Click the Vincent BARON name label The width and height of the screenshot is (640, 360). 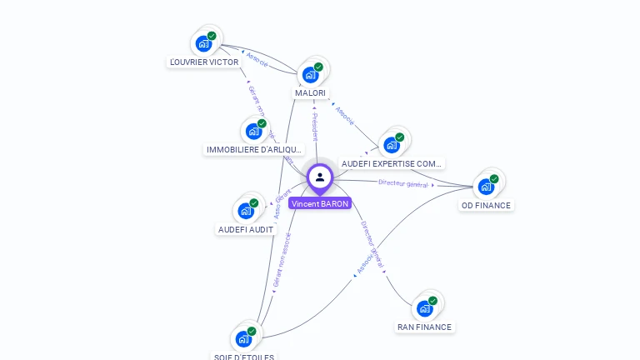click(320, 203)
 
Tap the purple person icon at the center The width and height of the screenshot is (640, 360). click(320, 177)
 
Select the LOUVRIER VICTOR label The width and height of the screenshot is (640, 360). click(204, 62)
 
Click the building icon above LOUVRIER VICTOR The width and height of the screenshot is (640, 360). click(203, 43)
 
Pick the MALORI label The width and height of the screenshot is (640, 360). click(310, 92)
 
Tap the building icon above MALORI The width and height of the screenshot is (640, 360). click(310, 74)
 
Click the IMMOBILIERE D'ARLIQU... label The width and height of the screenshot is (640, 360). click(253, 150)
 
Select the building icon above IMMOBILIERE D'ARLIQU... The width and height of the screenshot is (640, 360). click(253, 131)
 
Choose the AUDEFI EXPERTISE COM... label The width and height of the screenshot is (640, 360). click(392, 164)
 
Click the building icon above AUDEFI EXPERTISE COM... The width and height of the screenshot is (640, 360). click(391, 145)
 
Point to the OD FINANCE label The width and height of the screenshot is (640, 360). click(486, 205)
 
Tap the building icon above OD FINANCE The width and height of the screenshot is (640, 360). click(486, 186)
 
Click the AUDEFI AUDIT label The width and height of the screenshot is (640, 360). click(246, 229)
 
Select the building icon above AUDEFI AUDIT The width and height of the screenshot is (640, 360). click(246, 210)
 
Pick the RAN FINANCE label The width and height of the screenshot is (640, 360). click(424, 327)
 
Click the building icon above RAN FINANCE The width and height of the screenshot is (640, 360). click(424, 308)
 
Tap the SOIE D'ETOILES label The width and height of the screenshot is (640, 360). click(243, 357)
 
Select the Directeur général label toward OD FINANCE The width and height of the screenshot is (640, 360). click(403, 182)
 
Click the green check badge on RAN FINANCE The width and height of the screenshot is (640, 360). click(432, 301)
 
